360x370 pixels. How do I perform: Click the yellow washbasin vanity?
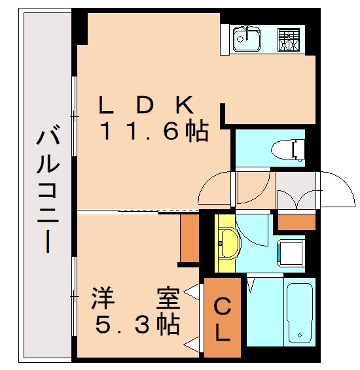pyautogui.click(x=227, y=243)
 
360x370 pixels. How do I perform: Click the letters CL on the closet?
pyautogui.click(x=223, y=319)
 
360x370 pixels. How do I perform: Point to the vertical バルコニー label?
pyautogui.click(x=46, y=190)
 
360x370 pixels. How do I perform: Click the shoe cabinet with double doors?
pyautogui.click(x=295, y=192)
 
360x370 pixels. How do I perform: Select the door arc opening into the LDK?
pyautogui.click(x=217, y=190)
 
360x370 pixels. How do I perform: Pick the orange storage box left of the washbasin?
pyautogui.click(x=189, y=238)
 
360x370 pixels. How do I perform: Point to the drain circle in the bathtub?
pyautogui.click(x=300, y=336)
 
